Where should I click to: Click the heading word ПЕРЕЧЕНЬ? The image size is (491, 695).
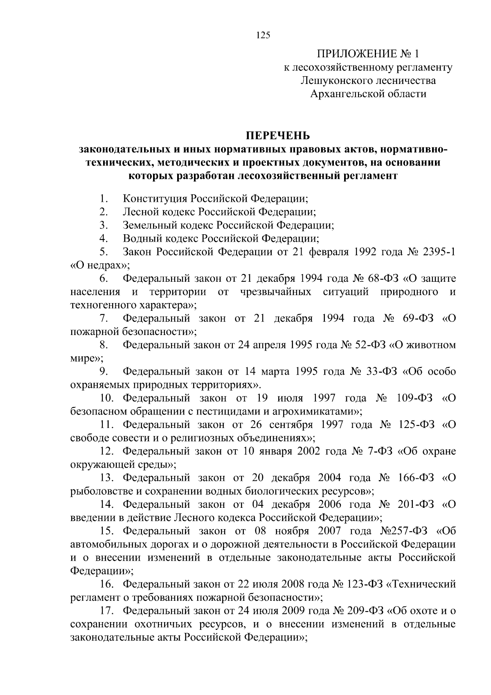tap(278, 135)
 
